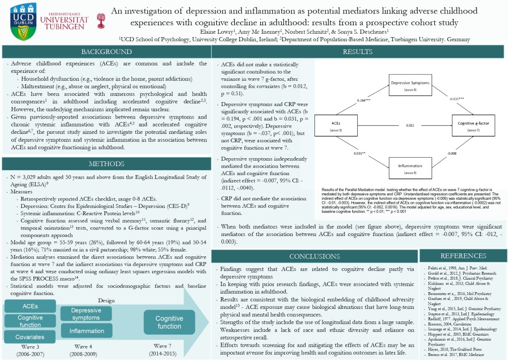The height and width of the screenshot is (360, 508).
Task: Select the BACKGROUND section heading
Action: pyautogui.click(x=107, y=52)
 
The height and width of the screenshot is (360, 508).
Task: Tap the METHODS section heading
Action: pyautogui.click(x=107, y=164)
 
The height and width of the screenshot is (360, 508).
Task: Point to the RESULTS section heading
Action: pyautogui.click(x=359, y=52)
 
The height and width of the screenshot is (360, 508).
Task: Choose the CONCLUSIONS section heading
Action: pyautogui.click(x=315, y=256)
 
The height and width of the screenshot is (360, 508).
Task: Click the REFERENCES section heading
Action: pyautogui.click(x=462, y=256)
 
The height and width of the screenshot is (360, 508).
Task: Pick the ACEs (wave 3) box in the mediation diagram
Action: pyautogui.click(x=337, y=126)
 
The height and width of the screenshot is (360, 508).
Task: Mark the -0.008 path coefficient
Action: pyautogui.click(x=451, y=154)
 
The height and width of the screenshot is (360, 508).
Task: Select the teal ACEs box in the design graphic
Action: pyautogui.click(x=30, y=306)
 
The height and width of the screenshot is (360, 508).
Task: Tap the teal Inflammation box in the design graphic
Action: pyautogui.click(x=87, y=331)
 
